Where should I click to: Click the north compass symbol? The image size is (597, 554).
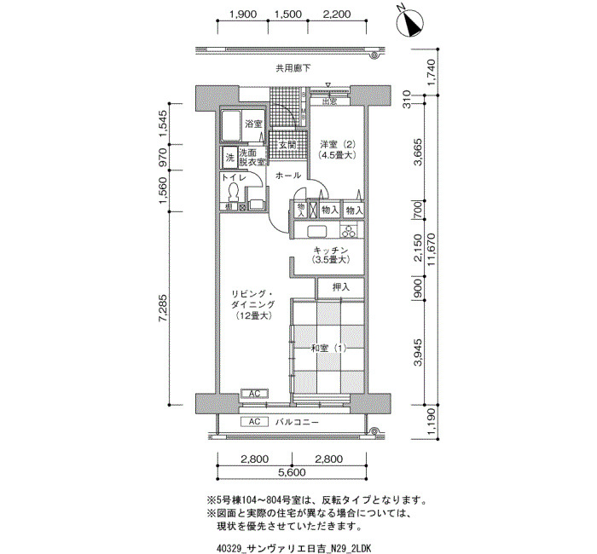click(409, 23)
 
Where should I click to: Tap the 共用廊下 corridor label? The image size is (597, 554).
click(293, 68)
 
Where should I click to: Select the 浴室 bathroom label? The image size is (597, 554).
click(253, 124)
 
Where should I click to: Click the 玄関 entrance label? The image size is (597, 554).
click(287, 145)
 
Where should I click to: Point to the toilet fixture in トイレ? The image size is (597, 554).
click(233, 192)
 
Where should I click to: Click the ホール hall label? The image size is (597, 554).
click(288, 176)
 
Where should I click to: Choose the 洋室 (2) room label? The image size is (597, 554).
click(338, 149)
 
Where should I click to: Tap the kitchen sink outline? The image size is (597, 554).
click(316, 231)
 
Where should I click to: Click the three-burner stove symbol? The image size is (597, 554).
click(349, 231)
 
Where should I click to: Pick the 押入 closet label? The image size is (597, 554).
click(341, 287)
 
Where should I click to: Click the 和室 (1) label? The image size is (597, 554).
click(328, 348)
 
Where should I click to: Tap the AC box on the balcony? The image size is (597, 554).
click(254, 422)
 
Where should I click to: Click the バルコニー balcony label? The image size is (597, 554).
click(297, 422)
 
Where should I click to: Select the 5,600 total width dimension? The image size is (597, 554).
click(292, 472)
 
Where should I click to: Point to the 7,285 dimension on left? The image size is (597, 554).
click(164, 309)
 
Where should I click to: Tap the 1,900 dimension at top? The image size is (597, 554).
click(243, 14)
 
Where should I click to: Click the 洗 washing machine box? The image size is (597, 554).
click(230, 158)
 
